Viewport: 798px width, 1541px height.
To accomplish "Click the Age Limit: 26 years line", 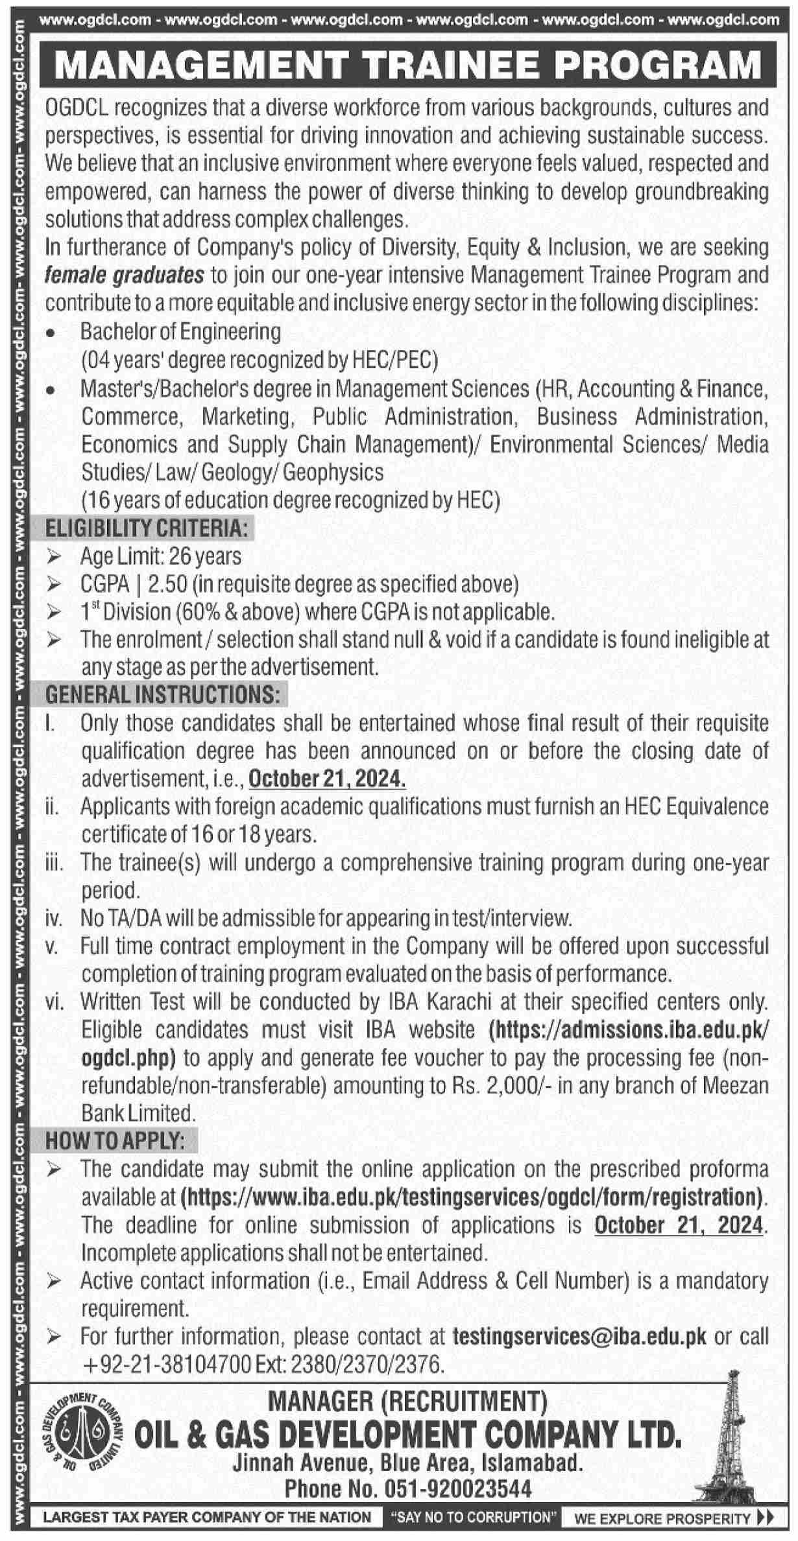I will click(160, 556).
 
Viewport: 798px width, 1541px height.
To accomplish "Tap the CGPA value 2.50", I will click(167, 584).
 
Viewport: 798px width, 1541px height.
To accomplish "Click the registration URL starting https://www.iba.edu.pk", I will click(472, 1196).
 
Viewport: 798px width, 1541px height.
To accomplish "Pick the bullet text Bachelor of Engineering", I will click(180, 332).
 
